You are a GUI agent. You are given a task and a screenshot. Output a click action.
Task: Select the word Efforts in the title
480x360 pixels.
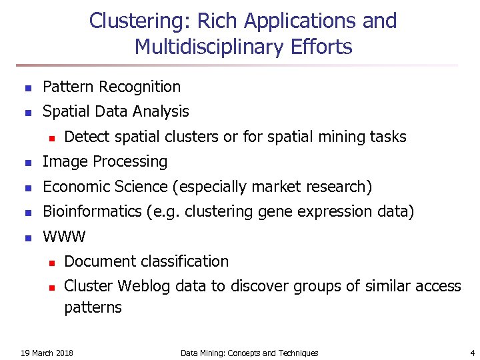pyautogui.click(x=326, y=47)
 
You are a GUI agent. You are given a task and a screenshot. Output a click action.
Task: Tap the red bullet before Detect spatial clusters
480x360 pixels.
pyautogui.click(x=49, y=137)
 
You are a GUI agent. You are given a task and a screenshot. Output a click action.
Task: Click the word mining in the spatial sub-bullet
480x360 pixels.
pyautogui.click(x=337, y=137)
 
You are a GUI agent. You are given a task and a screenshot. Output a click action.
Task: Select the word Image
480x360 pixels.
pyautogui.click(x=63, y=162)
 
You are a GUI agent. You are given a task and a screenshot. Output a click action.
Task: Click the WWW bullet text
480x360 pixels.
pyautogui.click(x=64, y=237)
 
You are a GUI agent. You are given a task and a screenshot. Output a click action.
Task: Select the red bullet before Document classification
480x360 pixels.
pyautogui.click(x=49, y=262)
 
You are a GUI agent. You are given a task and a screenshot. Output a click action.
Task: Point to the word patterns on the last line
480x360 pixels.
pyautogui.click(x=93, y=307)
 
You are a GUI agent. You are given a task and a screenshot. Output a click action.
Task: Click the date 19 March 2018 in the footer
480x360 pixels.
pyautogui.click(x=47, y=353)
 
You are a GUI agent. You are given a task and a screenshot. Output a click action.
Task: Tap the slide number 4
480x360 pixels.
pyautogui.click(x=472, y=353)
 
